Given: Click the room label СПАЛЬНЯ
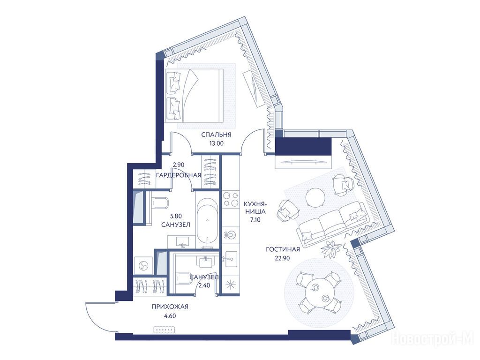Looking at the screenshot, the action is pos(216,135).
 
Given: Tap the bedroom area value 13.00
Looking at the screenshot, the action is pos(216,143).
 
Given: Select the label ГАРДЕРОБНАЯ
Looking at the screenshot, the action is pos(179,175).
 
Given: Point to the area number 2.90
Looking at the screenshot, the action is pos(179,165).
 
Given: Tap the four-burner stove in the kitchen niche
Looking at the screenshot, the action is pos(231,199).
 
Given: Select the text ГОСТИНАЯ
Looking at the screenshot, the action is pos(283,249).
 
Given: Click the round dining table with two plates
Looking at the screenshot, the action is pos(319,292).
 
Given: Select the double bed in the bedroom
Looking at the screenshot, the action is pos(193,95).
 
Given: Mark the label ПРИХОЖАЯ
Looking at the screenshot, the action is pos(170,307).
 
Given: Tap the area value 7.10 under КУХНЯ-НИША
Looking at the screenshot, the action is pos(255,219).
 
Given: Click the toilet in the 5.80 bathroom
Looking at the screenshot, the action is pos(160,202).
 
